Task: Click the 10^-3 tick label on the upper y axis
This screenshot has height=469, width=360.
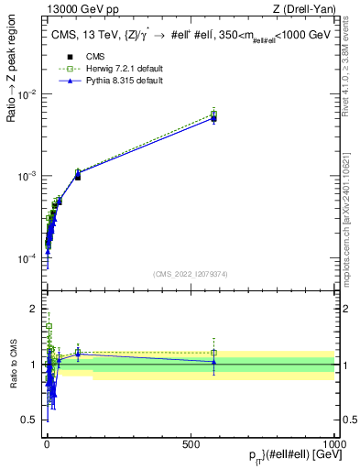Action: click(27, 176)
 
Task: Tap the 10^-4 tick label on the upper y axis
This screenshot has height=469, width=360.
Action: click(27, 257)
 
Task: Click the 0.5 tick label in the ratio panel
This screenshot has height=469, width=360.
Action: click(31, 420)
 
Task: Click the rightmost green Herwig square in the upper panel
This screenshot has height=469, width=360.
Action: click(213, 115)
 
